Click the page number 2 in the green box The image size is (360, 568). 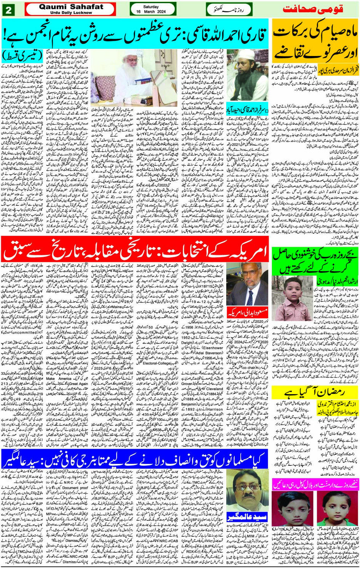[8, 10]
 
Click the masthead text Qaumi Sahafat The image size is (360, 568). [71, 6]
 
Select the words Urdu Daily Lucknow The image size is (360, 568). [71, 13]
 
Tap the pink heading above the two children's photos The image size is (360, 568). [315, 484]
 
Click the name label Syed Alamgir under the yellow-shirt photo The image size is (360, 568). [247, 517]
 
